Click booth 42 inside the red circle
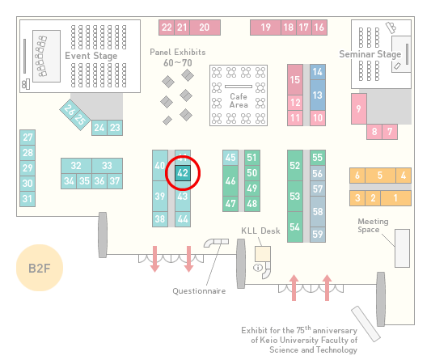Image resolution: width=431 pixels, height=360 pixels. coord(183,173)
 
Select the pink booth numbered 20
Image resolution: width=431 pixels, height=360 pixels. coord(205,28)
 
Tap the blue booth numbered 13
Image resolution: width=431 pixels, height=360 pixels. coord(318,95)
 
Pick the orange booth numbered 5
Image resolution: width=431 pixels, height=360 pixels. coord(380,176)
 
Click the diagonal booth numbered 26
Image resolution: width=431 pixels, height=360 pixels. coord(69,109)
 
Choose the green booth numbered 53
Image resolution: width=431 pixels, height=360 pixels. coord(295,197)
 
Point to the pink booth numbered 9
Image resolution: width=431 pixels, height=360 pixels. coord(359,109)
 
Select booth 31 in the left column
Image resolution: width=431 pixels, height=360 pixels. coord(27,199)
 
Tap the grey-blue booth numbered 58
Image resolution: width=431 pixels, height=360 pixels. coord(318,211)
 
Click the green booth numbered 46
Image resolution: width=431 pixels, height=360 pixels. coord(230,181)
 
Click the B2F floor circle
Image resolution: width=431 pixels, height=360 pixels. coord(40,268)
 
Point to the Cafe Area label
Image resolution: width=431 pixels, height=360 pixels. coord(239,100)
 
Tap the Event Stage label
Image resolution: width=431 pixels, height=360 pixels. coord(91,56)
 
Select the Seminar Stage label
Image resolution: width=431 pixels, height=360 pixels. coord(370,54)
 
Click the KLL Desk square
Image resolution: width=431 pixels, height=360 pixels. coord(263,254)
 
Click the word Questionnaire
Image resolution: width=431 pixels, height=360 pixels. coord(199,291)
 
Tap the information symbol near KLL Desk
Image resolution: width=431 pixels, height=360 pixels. coord(258,267)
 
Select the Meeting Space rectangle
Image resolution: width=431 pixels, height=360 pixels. coord(402,248)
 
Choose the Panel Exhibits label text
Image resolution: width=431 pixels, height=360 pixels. coord(178,53)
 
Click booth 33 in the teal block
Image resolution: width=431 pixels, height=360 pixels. coord(107,166)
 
